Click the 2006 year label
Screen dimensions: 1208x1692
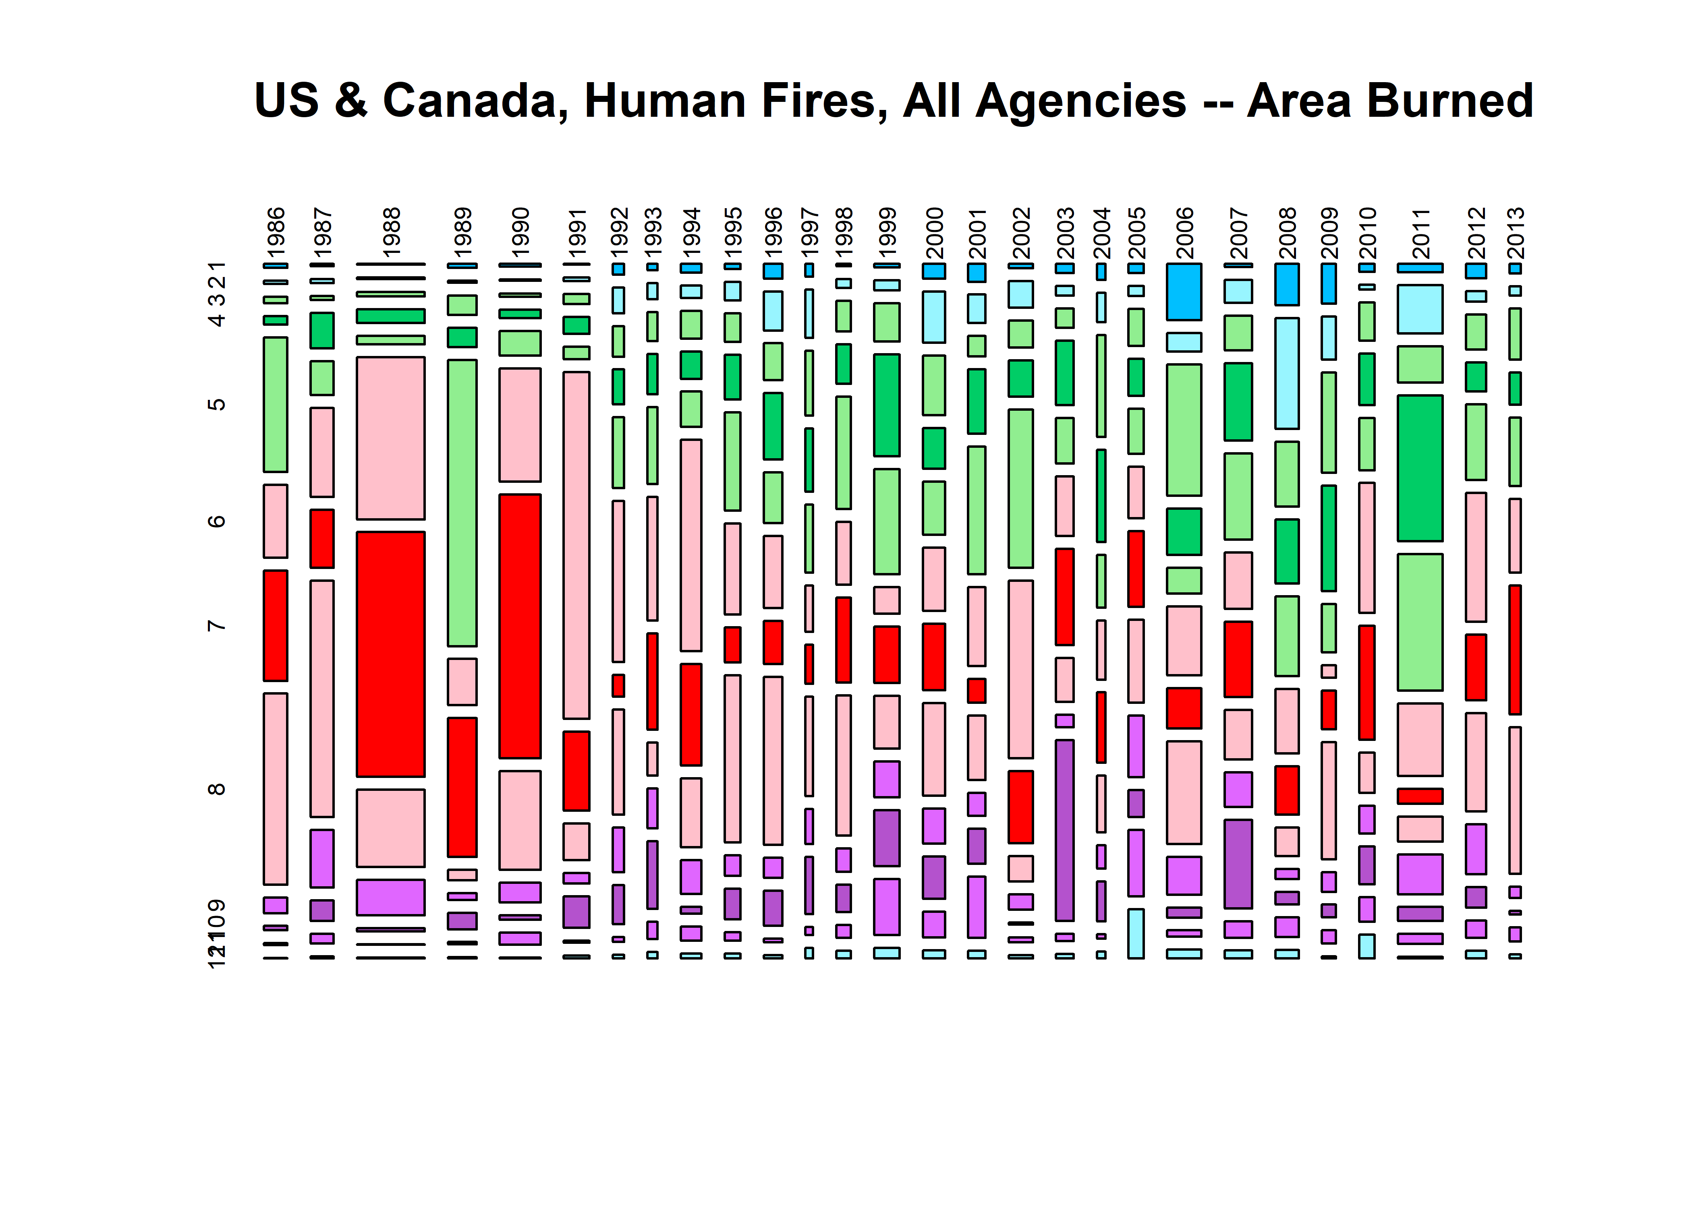tap(1184, 232)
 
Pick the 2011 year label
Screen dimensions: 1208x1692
tap(1420, 232)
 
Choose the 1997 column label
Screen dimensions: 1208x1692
tap(809, 232)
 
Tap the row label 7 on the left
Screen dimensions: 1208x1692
tap(216, 625)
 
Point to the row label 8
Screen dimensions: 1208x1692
tap(216, 788)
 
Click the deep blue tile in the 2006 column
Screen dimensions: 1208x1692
tap(1184, 292)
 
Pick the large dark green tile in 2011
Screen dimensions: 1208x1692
tap(1420, 468)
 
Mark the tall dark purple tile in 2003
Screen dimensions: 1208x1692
tap(1065, 830)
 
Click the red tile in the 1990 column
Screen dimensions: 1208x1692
tap(520, 626)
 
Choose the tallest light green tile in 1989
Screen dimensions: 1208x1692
tap(462, 503)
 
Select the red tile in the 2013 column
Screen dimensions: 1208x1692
tap(1515, 650)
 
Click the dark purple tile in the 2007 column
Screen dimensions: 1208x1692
tap(1238, 864)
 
